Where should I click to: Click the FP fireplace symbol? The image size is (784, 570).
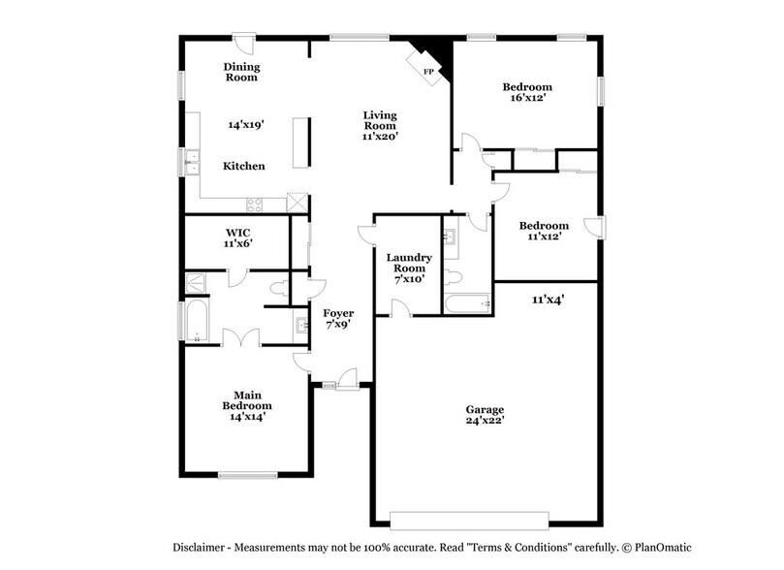(426, 69)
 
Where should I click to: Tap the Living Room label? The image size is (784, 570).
(380, 120)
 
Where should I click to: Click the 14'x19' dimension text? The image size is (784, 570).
(246, 125)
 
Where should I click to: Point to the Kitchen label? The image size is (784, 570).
(244, 167)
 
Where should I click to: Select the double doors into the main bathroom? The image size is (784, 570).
(241, 337)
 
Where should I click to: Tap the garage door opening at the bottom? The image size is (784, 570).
(469, 517)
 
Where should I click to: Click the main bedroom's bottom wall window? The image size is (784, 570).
(240, 475)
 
